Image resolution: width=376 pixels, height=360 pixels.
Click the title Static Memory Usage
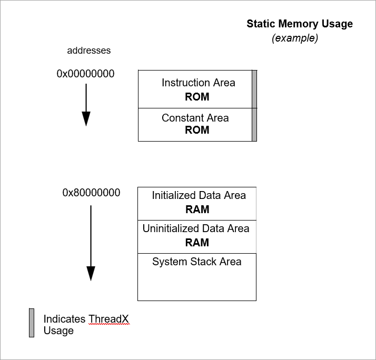tap(300, 24)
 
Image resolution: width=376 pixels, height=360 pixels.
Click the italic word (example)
tap(295, 38)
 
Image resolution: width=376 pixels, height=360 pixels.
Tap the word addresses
tap(89, 51)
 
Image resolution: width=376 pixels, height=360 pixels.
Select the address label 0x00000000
tap(85, 74)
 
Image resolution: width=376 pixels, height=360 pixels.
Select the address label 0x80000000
tap(91, 193)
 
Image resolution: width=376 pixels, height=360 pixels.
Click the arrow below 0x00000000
tap(86, 105)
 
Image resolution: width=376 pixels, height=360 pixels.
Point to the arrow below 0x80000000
tap(91, 242)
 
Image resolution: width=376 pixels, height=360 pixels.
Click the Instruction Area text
tap(198, 83)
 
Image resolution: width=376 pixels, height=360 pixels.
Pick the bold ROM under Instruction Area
tap(197, 97)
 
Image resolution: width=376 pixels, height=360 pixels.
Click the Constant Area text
tap(195, 118)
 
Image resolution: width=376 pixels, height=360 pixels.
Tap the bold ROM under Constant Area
tap(197, 130)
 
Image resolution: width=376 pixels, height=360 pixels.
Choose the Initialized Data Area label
tap(199, 195)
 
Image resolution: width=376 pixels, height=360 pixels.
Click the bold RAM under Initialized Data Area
tap(197, 209)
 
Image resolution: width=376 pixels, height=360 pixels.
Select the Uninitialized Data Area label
tap(196, 228)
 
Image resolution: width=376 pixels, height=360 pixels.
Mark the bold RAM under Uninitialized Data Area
tap(197, 243)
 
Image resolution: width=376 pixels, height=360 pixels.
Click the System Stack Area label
tap(196, 262)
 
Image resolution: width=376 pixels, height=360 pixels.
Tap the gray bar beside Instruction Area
tap(254, 89)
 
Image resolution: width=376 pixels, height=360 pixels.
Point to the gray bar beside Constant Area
tap(254, 125)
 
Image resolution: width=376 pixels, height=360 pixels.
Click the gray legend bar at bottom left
tap(32, 323)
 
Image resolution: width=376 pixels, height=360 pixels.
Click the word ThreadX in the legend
tap(108, 319)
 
